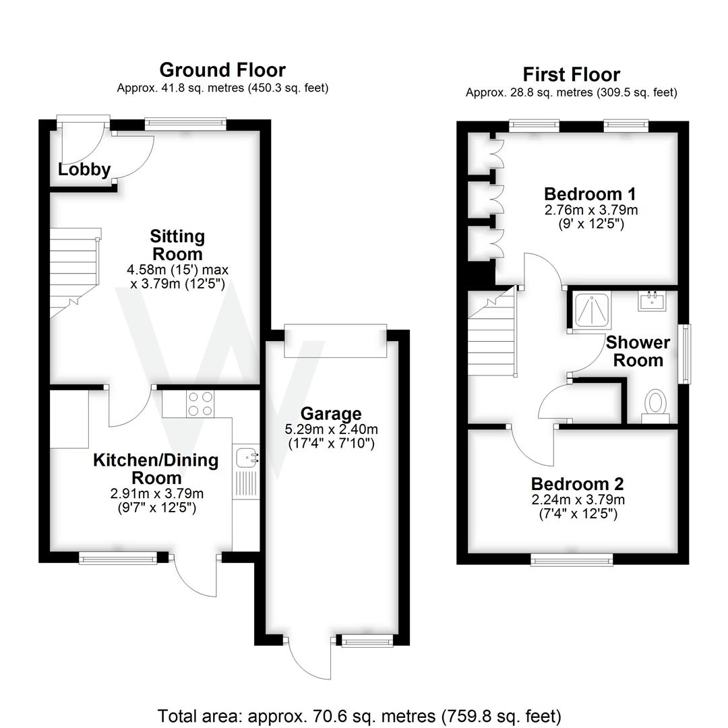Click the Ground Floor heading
point(222,70)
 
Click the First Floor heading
point(571,74)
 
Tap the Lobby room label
point(84,170)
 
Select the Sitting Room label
point(177,245)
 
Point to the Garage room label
point(331,414)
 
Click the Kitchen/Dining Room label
point(156,469)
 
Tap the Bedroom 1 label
point(590,194)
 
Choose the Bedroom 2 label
point(577,484)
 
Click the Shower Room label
point(638,351)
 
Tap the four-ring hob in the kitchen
point(200,404)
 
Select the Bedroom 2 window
point(572,559)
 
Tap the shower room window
point(686,355)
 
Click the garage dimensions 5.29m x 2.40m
point(330,429)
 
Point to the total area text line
point(359,715)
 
